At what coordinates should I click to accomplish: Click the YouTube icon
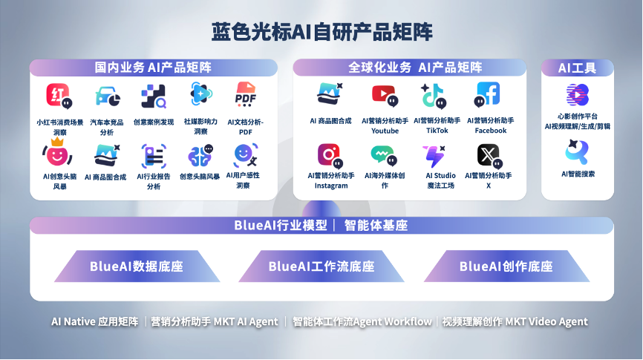pyautogui.click(x=385, y=96)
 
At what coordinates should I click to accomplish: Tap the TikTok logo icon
pyautogui.click(x=434, y=96)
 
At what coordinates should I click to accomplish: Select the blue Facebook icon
pyautogui.click(x=487, y=94)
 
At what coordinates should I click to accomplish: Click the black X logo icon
pyautogui.click(x=489, y=156)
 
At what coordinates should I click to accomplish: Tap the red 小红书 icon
pyautogui.click(x=59, y=96)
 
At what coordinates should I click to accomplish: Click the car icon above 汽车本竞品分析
pyautogui.click(x=108, y=96)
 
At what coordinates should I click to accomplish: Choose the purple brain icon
pyautogui.click(x=200, y=155)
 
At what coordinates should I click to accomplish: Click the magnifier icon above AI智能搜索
pyautogui.click(x=577, y=151)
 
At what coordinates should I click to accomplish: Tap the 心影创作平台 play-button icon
pyautogui.click(x=578, y=95)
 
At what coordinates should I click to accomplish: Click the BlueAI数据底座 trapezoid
pyautogui.click(x=137, y=266)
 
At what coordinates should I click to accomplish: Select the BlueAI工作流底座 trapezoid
pyautogui.click(x=321, y=266)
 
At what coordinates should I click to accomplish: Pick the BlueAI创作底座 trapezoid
pyautogui.click(x=506, y=266)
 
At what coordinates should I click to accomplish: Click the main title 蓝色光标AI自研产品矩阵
pyautogui.click(x=322, y=32)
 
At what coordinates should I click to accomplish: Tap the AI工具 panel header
pyautogui.click(x=578, y=68)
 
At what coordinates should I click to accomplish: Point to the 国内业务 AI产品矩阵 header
pyautogui.click(x=154, y=68)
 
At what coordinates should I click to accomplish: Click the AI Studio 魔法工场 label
pyautogui.click(x=440, y=180)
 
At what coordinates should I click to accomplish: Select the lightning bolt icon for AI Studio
pyautogui.click(x=434, y=157)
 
